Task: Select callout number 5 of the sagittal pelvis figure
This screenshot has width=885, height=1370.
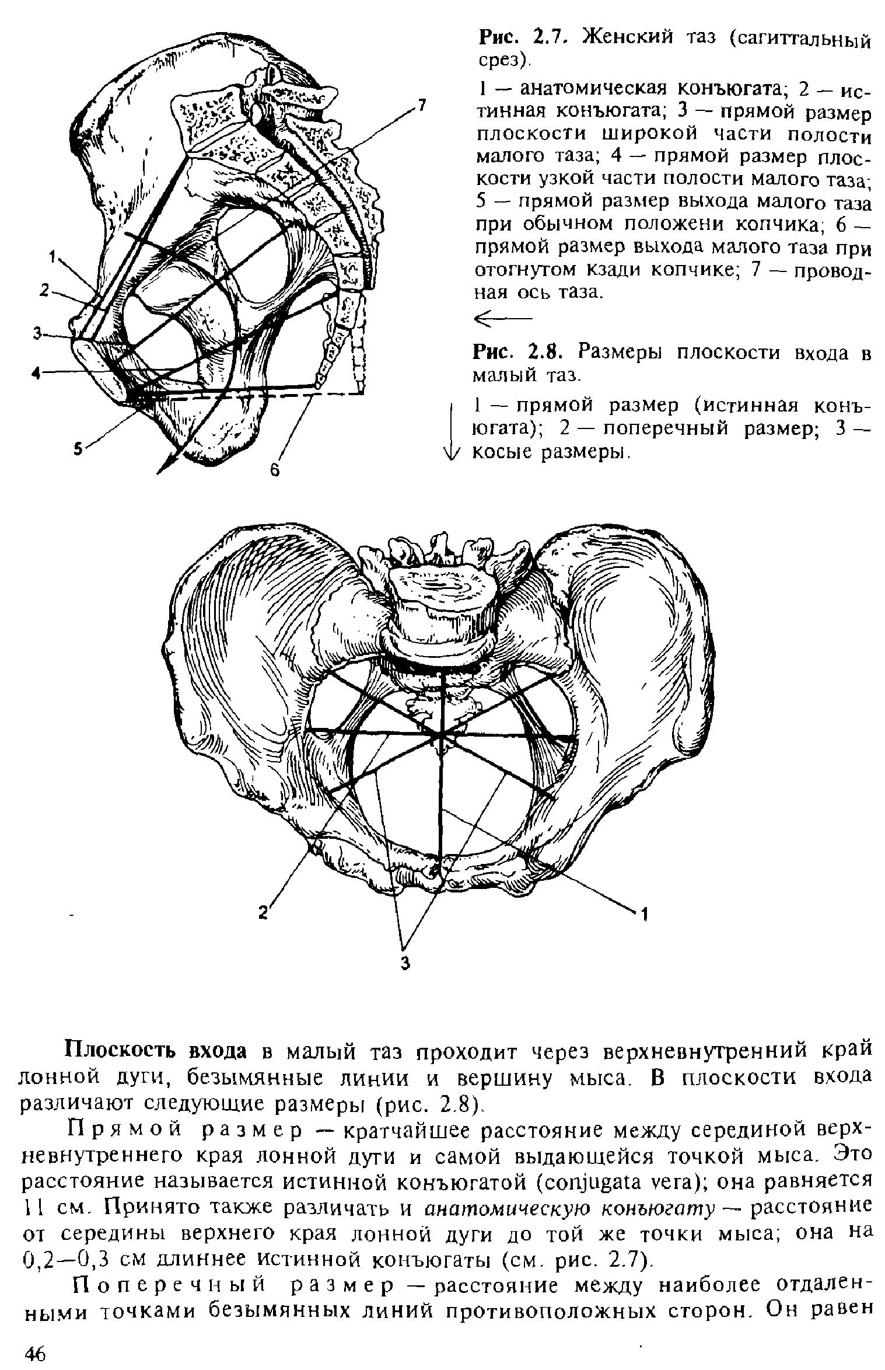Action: pyautogui.click(x=78, y=448)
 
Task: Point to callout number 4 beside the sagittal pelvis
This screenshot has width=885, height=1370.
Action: pyautogui.click(x=36, y=374)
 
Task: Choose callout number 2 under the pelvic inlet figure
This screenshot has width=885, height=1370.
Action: pyautogui.click(x=264, y=912)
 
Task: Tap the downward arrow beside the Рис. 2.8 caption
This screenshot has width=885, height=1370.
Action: pyautogui.click(x=452, y=429)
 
